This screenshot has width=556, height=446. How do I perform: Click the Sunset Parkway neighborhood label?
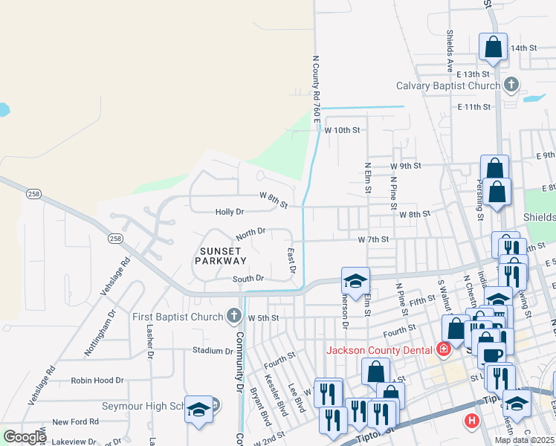click(x=221, y=255)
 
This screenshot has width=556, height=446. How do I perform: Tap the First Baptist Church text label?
click(x=178, y=317)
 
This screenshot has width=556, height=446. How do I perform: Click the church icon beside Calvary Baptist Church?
click(x=511, y=85)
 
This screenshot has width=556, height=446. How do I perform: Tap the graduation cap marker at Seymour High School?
click(x=198, y=409)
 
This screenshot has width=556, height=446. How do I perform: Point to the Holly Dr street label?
click(x=229, y=212)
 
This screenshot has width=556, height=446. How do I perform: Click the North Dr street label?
click(x=250, y=233)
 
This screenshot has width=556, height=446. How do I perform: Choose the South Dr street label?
click(x=248, y=279)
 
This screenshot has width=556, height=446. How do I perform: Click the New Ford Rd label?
click(x=75, y=421)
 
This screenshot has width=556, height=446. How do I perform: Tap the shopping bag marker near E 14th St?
click(x=493, y=48)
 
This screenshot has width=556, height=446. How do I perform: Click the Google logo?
click(x=25, y=437)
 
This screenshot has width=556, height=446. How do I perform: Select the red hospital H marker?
click(x=471, y=422)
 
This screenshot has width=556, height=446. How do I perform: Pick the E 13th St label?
click(x=473, y=74)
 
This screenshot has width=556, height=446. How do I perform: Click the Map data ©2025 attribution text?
click(x=523, y=440)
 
